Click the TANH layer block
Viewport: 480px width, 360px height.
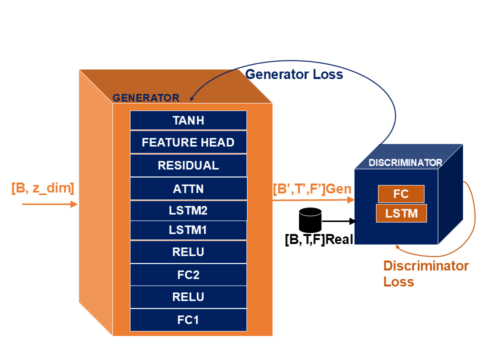(188, 120)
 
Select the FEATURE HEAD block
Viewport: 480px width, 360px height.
(188, 142)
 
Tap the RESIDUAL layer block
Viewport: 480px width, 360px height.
(188, 165)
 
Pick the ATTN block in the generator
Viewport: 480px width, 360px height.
(188, 188)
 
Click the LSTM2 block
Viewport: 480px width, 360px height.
(188, 210)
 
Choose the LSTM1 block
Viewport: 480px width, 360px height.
(188, 230)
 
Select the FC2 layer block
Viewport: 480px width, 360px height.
(188, 274)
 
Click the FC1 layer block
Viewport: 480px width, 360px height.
(188, 319)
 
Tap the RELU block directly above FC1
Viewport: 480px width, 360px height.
(188, 297)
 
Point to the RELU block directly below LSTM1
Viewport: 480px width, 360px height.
(188, 252)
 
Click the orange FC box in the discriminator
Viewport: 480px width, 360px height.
(401, 194)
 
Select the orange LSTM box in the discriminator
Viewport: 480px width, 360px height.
(401, 213)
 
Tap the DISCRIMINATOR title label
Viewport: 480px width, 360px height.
(405, 163)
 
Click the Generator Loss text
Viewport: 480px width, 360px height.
(294, 74)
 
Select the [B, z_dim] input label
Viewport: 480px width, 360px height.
(42, 188)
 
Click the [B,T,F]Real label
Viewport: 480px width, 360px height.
(319, 239)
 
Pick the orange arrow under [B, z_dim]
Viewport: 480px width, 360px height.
(49, 204)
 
